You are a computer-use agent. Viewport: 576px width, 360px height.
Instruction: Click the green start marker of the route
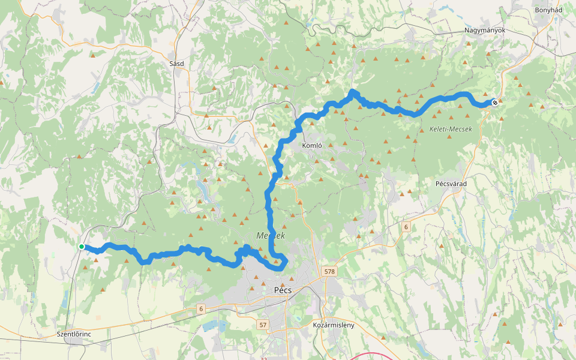tap(81, 247)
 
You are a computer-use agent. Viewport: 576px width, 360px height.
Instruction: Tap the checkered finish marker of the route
tap(495, 103)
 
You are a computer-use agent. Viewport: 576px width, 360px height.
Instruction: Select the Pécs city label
tap(282, 290)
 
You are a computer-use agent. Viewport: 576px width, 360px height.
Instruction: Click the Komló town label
tap(313, 145)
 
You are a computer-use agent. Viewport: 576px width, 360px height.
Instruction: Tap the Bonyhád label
tap(548, 10)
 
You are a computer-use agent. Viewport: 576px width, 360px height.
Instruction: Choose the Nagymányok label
tap(485, 30)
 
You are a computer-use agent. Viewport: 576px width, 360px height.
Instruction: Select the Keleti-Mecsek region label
tap(451, 130)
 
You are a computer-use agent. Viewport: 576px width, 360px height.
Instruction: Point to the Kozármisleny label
tap(334, 325)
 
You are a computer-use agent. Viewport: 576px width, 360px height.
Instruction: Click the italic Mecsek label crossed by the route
tap(270, 236)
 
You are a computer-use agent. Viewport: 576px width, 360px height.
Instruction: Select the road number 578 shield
tap(329, 272)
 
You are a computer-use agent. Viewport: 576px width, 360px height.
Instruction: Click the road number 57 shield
tap(262, 325)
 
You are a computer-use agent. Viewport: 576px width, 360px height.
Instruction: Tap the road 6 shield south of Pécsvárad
tap(406, 227)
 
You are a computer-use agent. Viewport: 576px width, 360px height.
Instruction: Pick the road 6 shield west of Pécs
tap(200, 308)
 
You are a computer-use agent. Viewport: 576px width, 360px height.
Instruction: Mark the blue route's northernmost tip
tap(353, 91)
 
